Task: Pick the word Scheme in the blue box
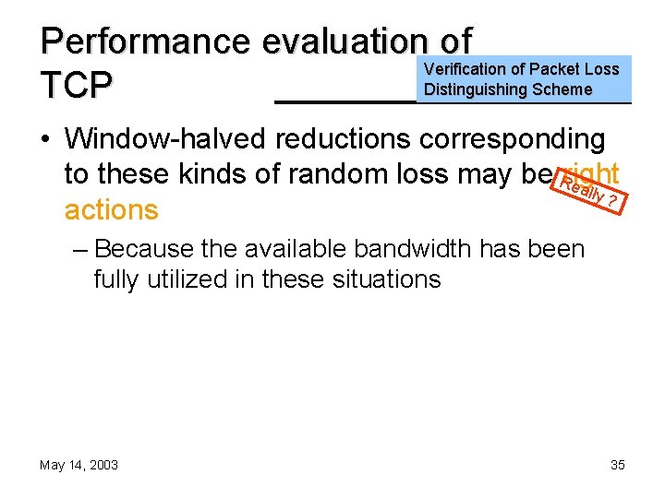pos(562,89)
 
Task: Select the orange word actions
pos(112,209)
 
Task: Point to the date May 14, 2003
pos(79,465)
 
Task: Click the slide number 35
pos(617,465)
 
